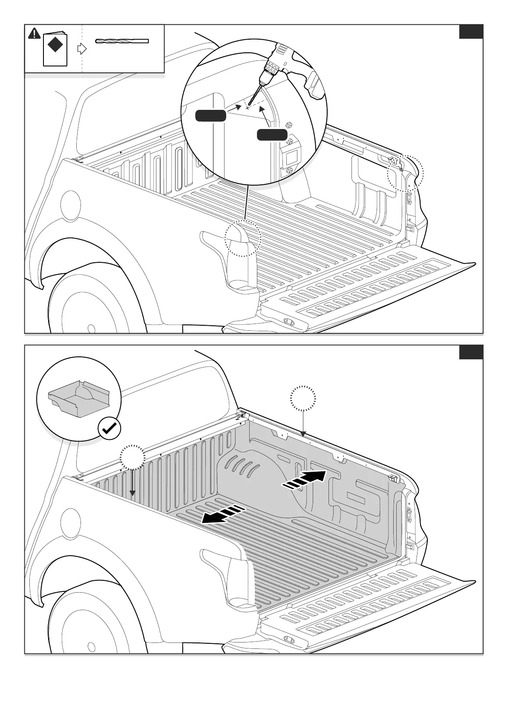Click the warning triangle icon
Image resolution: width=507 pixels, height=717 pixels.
tap(34, 33)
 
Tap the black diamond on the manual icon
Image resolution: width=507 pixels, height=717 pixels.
tap(55, 44)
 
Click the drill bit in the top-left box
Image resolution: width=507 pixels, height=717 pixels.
tap(122, 41)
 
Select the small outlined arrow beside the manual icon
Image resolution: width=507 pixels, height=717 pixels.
tap(81, 49)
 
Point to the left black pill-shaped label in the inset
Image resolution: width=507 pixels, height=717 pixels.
tap(210, 115)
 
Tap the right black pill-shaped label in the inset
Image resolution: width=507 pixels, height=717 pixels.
tap(272, 135)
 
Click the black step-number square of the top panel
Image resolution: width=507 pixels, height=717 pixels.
tap(471, 32)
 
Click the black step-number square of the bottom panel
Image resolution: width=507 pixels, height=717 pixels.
tap(471, 353)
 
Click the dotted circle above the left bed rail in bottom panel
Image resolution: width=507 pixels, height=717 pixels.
tap(133, 458)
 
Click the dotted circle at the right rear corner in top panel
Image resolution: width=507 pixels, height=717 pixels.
tap(405, 172)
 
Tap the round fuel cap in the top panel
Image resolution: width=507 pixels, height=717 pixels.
tap(70, 205)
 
